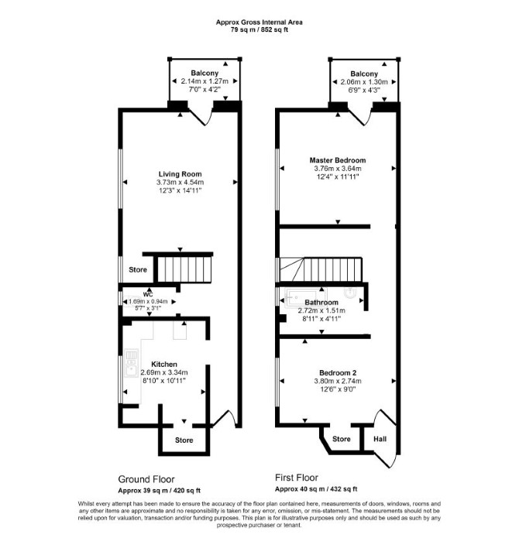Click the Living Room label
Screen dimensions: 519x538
(180, 174)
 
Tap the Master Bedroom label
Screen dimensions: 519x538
(338, 160)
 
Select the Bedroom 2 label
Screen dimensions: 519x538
(338, 372)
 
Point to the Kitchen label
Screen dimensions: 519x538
(164, 364)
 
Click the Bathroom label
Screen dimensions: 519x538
(321, 302)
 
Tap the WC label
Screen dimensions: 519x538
(148, 294)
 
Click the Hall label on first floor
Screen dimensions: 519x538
(380, 439)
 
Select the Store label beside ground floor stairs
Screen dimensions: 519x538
(138, 269)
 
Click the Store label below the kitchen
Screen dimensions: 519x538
(184, 440)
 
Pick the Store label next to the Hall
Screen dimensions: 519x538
(341, 439)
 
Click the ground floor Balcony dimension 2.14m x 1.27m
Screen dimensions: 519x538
(205, 81)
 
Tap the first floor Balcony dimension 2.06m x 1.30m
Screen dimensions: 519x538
(364, 82)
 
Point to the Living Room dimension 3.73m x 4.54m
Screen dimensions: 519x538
(180, 182)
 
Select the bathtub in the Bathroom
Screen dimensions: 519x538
(301, 297)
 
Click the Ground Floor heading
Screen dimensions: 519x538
(146, 479)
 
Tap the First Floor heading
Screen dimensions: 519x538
(297, 478)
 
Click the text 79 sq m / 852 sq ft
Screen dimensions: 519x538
(259, 30)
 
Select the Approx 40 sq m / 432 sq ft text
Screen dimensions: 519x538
(316, 489)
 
